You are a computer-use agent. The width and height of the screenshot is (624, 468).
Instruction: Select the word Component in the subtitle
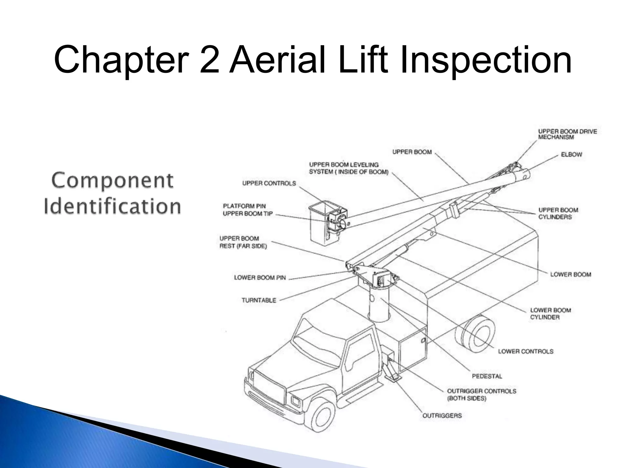pyautogui.click(x=112, y=180)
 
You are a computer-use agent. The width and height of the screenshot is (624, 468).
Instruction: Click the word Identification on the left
pyautogui.click(x=112, y=206)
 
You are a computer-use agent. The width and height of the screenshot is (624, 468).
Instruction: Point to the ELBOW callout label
pyautogui.click(x=571, y=154)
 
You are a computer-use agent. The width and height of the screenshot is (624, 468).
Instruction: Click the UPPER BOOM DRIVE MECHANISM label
pyautogui.click(x=567, y=134)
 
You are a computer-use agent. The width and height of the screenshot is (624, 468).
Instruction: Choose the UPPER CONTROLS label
pyautogui.click(x=269, y=183)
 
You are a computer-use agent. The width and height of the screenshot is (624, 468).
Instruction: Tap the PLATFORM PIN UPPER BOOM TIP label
pyautogui.click(x=247, y=210)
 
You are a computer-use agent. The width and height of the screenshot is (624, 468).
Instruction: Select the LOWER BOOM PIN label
pyautogui.click(x=260, y=278)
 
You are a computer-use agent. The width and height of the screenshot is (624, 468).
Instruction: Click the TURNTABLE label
pyautogui.click(x=259, y=300)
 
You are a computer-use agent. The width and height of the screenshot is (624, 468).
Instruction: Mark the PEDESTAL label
pyautogui.click(x=487, y=376)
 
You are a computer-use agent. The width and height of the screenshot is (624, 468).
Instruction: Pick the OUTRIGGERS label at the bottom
pyautogui.click(x=442, y=416)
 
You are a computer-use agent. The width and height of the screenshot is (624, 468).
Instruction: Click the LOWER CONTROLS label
pyautogui.click(x=526, y=351)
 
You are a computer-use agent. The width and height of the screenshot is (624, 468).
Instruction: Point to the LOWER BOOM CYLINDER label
pyautogui.click(x=551, y=314)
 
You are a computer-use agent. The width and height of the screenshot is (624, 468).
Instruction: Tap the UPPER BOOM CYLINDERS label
pyautogui.click(x=558, y=213)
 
